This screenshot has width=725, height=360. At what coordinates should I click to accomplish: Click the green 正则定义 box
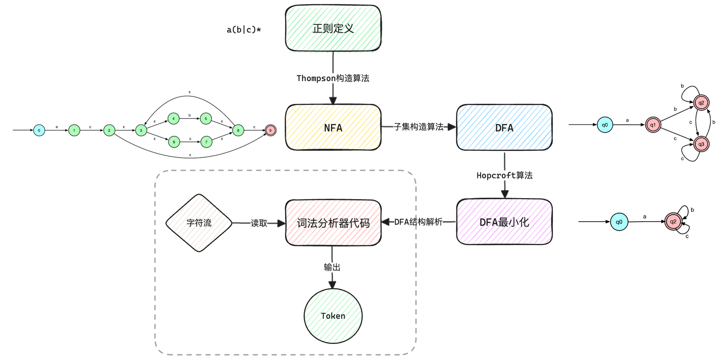[333, 28]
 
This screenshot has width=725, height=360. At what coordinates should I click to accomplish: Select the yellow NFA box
[333, 127]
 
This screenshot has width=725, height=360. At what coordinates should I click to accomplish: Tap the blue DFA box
[504, 127]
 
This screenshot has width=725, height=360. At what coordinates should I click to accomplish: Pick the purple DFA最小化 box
[504, 222]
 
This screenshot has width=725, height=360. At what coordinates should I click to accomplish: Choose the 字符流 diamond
[199, 223]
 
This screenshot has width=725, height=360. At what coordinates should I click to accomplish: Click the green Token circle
[333, 316]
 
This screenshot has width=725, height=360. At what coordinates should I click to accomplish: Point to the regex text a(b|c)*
[244, 30]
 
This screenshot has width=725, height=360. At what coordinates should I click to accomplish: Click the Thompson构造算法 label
[333, 78]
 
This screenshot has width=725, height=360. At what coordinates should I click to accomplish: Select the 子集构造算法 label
[419, 127]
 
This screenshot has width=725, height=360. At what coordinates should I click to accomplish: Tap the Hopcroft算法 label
[504, 175]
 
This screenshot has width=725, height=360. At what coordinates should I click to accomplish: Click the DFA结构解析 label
[418, 222]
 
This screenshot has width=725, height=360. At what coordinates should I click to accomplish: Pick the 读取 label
[259, 223]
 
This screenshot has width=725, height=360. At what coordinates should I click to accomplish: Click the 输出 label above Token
[332, 267]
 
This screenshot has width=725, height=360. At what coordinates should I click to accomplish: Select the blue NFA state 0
[39, 130]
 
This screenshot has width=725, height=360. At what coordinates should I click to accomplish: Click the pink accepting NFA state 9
[270, 130]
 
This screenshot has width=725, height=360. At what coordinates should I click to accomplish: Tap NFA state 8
[238, 130]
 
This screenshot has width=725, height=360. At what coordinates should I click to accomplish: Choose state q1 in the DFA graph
[653, 125]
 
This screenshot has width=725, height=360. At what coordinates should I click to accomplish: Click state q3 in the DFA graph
[701, 143]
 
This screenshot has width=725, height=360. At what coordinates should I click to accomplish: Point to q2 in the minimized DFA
[674, 222]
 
